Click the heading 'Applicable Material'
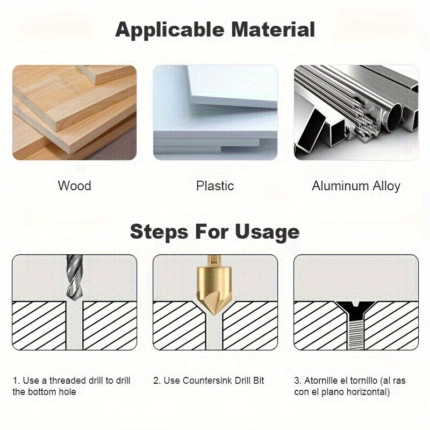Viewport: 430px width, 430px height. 215,29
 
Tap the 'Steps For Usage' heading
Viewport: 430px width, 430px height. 215,232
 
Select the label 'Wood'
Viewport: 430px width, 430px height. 74,186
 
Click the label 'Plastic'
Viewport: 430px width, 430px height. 215,186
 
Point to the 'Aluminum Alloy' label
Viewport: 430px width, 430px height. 356,186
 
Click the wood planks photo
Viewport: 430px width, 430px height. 74,113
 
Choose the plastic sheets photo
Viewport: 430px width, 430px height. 215,113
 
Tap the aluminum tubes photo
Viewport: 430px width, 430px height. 356,113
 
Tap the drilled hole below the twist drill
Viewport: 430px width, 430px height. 74,328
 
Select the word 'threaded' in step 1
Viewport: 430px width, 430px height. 70,381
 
